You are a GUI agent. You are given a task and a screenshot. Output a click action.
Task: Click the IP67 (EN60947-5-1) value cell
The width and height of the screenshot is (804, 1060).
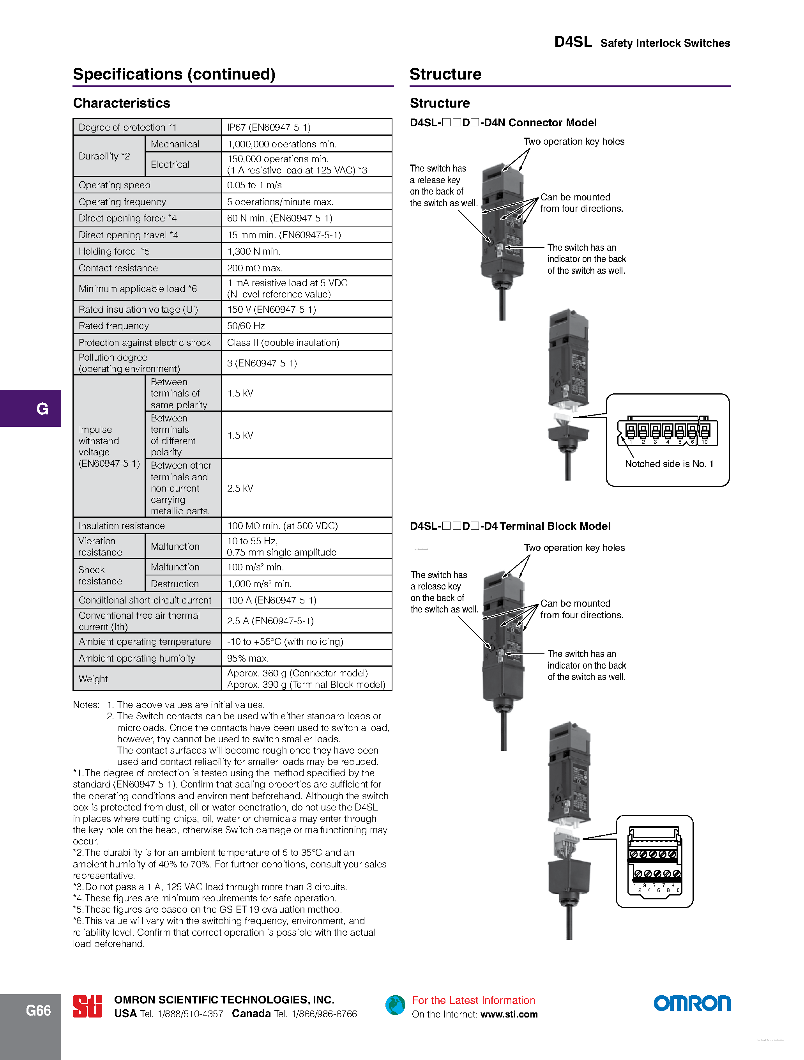click(269, 127)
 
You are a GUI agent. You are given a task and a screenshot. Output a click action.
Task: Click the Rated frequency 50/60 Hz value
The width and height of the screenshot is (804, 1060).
click(246, 326)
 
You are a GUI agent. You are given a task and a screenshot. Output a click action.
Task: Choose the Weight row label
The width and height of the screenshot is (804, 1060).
click(94, 679)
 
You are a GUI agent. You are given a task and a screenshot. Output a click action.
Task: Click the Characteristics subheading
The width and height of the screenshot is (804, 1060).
click(122, 103)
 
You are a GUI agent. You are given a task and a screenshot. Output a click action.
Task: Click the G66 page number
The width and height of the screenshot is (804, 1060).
click(38, 1010)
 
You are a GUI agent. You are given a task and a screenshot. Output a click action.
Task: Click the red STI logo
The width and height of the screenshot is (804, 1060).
click(87, 1006)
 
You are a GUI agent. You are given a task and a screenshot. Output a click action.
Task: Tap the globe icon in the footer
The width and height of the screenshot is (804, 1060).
click(395, 1005)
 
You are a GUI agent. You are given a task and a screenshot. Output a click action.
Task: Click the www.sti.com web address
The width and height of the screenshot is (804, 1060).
click(509, 1014)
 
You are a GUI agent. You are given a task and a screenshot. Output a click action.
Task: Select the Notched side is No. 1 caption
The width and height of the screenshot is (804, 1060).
click(669, 464)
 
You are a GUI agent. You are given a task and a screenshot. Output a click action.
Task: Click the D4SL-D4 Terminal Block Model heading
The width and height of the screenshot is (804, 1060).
click(510, 526)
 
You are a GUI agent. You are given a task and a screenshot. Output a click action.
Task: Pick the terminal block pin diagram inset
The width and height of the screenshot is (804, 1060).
click(654, 861)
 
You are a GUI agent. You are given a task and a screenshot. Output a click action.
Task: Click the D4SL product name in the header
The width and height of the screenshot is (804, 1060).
click(573, 42)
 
